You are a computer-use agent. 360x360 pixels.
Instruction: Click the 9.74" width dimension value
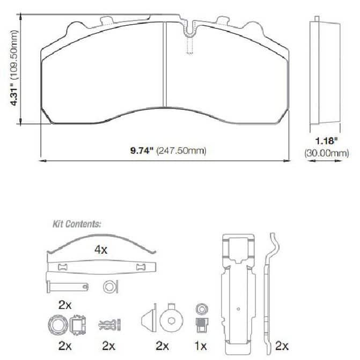point(142,151)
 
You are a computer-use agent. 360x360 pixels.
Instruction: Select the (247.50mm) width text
point(181,151)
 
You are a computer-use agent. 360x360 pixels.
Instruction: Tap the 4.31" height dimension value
point(14,97)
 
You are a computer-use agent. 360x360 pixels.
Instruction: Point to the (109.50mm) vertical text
point(14,55)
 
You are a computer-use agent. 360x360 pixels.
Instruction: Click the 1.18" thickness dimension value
point(327,141)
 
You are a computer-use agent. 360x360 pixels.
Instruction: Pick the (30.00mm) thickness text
point(327,153)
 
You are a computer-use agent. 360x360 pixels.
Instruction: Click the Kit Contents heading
point(77,224)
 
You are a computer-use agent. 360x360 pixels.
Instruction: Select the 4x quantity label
point(101,249)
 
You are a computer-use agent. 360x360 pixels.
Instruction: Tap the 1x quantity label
point(201,346)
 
